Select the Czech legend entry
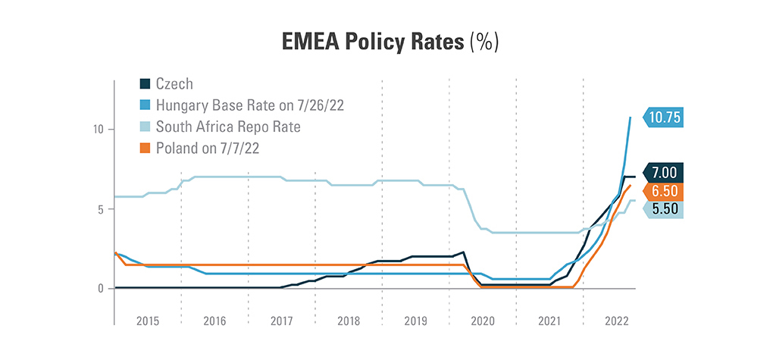(174, 83)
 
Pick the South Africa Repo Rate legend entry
(227, 127)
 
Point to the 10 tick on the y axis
(99, 130)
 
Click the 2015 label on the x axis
(148, 321)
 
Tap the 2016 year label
(215, 321)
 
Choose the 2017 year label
(282, 321)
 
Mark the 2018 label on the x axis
(349, 321)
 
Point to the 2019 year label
(416, 321)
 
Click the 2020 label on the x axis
(483, 321)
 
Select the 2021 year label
(549, 321)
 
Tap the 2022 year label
(616, 321)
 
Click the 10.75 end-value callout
(667, 117)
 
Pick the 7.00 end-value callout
(667, 172)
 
